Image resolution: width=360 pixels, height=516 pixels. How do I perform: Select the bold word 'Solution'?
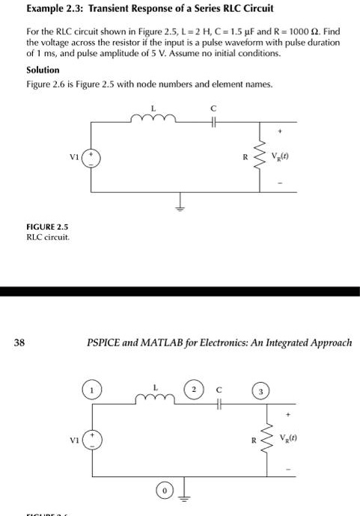[x=43, y=70]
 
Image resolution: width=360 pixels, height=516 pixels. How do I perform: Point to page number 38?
[x=19, y=343]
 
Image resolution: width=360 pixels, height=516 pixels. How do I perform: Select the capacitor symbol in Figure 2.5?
[x=213, y=122]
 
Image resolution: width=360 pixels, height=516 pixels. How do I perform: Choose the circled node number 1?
[x=92, y=391]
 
